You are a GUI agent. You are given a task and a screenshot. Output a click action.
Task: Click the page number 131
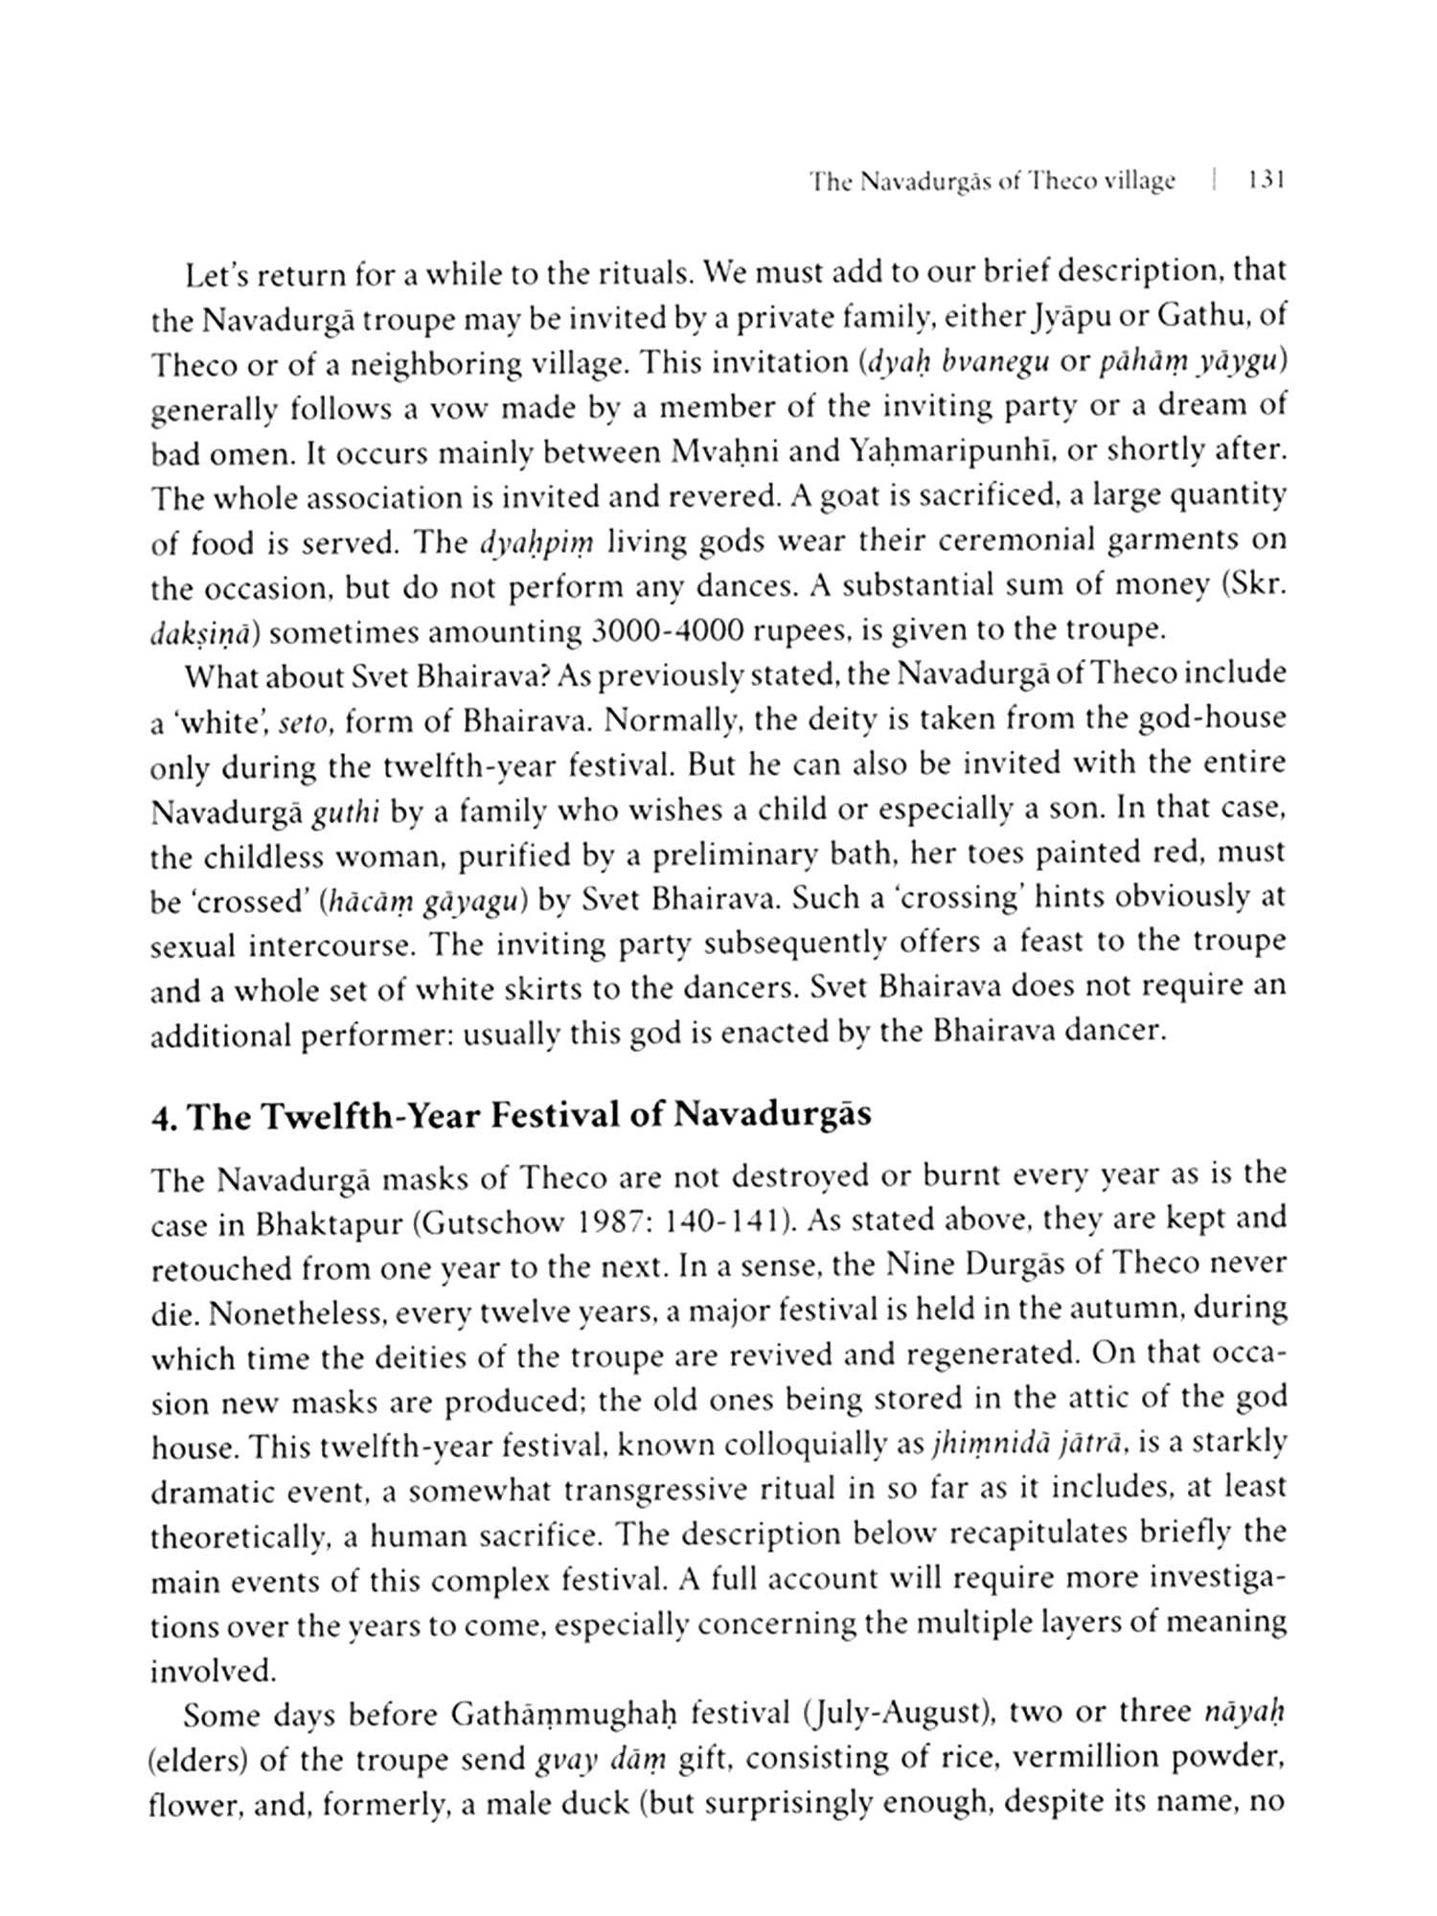(x=1265, y=181)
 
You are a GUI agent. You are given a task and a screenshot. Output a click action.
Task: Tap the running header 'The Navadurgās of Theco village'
(x=992, y=181)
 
